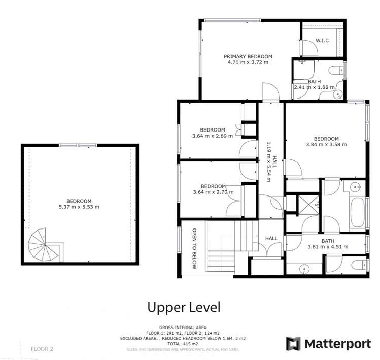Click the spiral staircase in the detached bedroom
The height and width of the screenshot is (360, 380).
(x=44, y=246)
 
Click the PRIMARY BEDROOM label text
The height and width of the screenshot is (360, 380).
(x=248, y=56)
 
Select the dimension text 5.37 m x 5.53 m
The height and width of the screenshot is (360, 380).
(x=79, y=207)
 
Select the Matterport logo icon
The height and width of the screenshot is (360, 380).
(x=293, y=343)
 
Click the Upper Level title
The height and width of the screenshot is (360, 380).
(x=184, y=307)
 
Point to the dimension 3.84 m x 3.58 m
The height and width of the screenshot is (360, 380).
(x=326, y=145)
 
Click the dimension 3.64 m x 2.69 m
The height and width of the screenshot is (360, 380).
(x=213, y=136)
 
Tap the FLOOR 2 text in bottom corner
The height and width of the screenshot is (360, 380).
(x=42, y=349)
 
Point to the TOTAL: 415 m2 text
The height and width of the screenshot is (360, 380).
(x=184, y=344)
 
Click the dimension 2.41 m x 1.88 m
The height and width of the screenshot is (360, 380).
(x=315, y=87)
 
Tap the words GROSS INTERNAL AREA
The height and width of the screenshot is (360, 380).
(x=184, y=327)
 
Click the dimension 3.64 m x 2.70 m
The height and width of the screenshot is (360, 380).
(x=213, y=192)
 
